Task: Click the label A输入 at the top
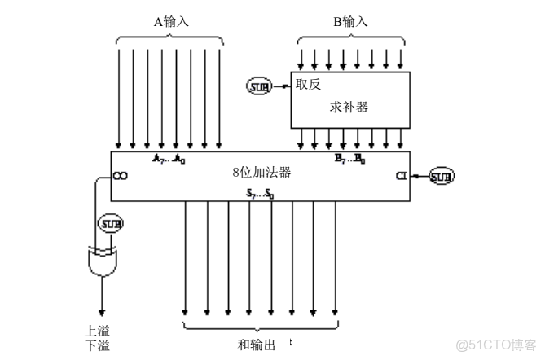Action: click(x=172, y=21)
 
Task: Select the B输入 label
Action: click(x=349, y=21)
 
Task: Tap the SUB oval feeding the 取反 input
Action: click(x=262, y=83)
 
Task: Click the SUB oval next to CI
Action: click(x=442, y=175)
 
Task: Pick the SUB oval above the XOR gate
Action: click(x=109, y=223)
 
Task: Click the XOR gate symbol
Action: click(x=102, y=261)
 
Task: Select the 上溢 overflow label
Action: click(x=97, y=331)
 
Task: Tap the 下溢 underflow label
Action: click(x=97, y=346)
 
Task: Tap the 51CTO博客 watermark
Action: click(x=495, y=344)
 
